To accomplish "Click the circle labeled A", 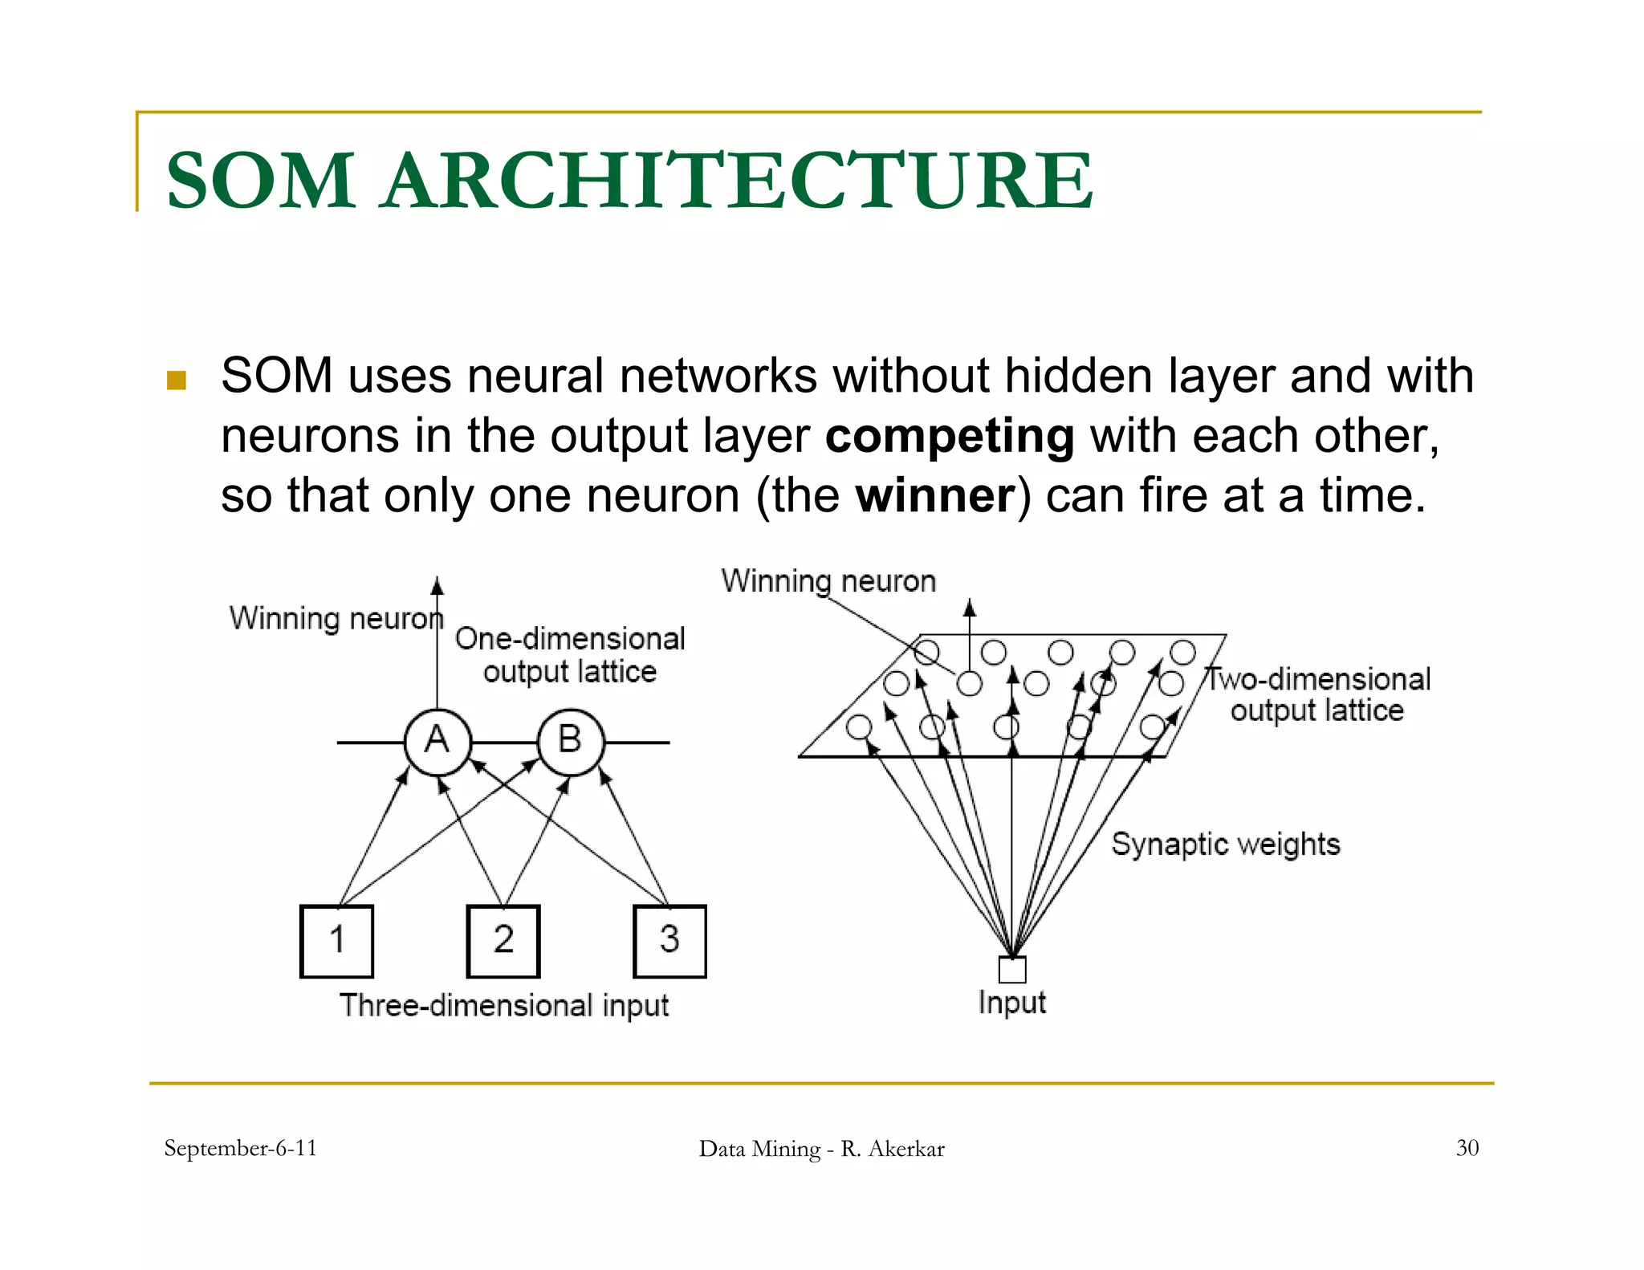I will [437, 742].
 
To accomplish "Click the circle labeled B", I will [570, 742].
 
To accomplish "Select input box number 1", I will [336, 941].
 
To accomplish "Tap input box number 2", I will [503, 941].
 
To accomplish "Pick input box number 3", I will [669, 941].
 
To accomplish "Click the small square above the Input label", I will [1012, 970].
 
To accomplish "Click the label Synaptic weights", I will [1225, 845].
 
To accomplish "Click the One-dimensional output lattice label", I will [570, 655].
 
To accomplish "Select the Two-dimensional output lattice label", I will [1318, 695].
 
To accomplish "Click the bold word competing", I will [950, 436].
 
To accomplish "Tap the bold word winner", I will [935, 495].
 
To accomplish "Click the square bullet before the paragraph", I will [177, 380].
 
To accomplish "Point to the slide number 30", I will [1467, 1148].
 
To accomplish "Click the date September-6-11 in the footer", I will [240, 1148].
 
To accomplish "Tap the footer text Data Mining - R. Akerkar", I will [821, 1149].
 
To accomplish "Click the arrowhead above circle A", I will [437, 585].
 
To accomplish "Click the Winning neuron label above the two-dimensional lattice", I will [828, 581].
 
